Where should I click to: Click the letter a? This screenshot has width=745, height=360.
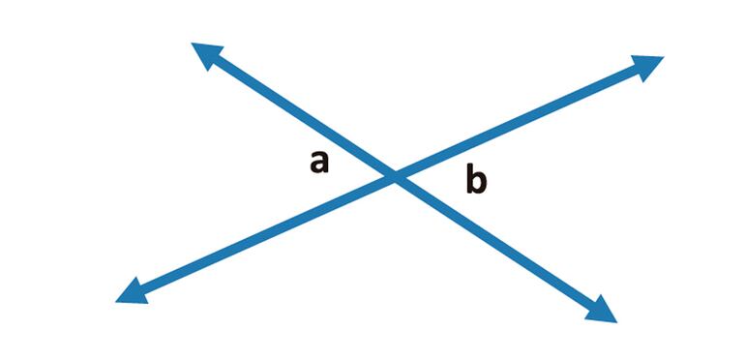click(319, 163)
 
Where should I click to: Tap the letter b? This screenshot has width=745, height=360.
click(476, 180)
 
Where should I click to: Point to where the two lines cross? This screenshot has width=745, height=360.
click(395, 177)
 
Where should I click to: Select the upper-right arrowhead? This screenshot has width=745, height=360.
click(646, 65)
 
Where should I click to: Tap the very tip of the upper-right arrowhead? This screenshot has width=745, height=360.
click(663, 57)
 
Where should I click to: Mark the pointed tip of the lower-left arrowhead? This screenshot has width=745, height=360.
click(115, 301)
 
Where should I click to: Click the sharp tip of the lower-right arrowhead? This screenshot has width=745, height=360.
click(616, 321)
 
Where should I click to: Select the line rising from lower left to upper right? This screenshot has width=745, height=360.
click(542, 112)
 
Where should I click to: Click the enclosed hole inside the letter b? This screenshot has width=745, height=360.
click(479, 184)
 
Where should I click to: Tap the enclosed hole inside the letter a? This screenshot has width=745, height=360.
click(317, 166)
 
